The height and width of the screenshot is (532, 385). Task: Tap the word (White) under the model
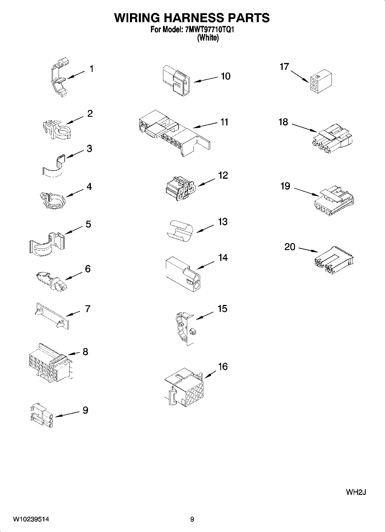[x=208, y=38]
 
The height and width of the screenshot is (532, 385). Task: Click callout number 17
[x=284, y=67]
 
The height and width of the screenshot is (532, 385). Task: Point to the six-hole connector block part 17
[x=321, y=81]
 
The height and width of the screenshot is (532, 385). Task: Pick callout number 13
[x=223, y=222]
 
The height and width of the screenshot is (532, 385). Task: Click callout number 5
[x=88, y=224]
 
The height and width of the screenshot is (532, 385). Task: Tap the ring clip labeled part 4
[x=53, y=199]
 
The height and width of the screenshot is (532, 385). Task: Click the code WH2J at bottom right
[x=356, y=492]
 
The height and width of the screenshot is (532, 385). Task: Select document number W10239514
[x=31, y=519]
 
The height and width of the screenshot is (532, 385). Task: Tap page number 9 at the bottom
[x=192, y=519]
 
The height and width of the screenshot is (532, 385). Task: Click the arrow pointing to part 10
[x=206, y=79]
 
